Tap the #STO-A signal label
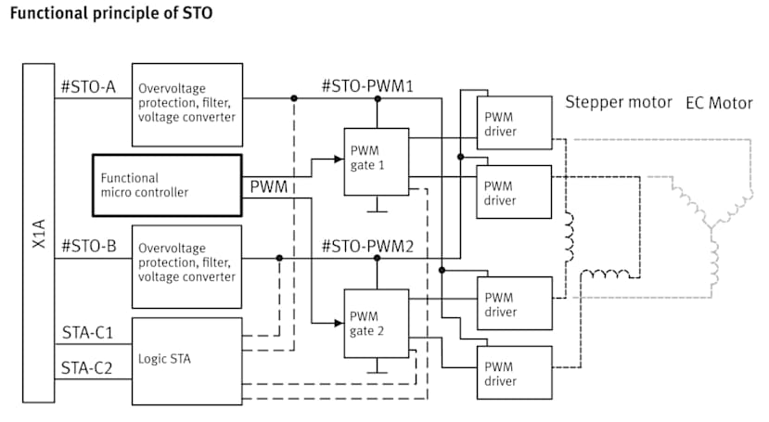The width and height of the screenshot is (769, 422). [x=88, y=89]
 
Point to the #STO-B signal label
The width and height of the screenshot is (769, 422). [x=88, y=248]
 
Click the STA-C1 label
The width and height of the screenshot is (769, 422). [x=87, y=331]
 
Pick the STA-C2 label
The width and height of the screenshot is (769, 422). [x=87, y=369]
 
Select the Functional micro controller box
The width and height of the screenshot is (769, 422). [x=167, y=185]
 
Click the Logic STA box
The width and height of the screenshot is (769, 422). [x=186, y=361]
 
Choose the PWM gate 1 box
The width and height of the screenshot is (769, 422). [x=376, y=161]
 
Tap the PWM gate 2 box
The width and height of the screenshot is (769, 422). [x=376, y=323]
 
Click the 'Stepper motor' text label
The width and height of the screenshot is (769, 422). [x=619, y=102]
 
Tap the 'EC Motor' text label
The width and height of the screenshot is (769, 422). [x=719, y=103]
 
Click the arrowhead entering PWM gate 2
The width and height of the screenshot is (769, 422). [x=338, y=323]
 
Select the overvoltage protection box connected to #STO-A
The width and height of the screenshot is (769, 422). [x=186, y=104]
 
